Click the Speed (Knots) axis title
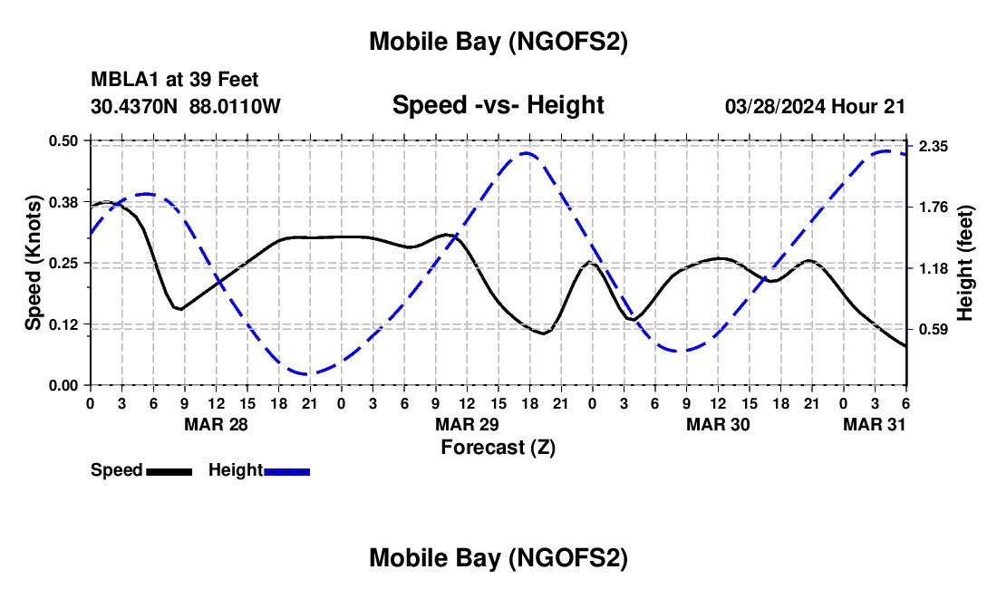[x=34, y=263]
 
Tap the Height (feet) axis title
[x=964, y=264]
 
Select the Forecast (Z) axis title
[x=498, y=447]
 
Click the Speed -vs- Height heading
[x=498, y=105]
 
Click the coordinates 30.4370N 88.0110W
[x=186, y=106]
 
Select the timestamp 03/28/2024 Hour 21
[x=815, y=106]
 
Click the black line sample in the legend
[x=169, y=470]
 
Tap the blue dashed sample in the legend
[x=286, y=470]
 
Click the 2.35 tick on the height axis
[x=934, y=147]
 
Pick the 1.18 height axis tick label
[x=934, y=269]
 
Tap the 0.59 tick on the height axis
[x=934, y=330]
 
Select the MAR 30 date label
[x=718, y=424]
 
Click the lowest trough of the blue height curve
[x=308, y=373]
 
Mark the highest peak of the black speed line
[x=107, y=202]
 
